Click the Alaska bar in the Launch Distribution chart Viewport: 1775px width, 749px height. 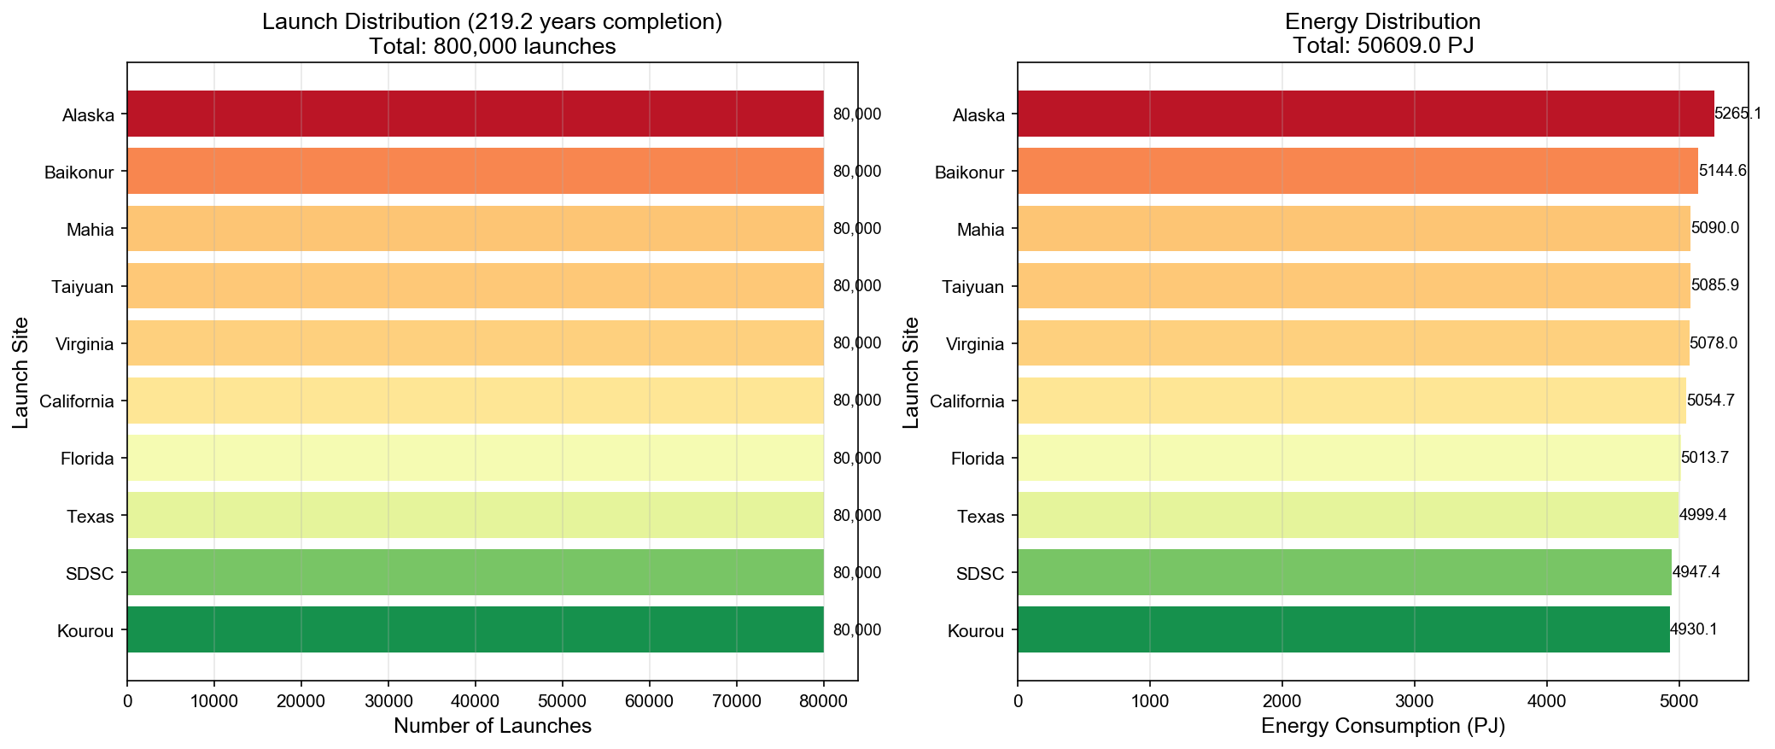click(x=475, y=114)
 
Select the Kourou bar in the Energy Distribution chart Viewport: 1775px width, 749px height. click(x=1343, y=629)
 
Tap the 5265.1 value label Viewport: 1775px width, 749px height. click(x=1737, y=114)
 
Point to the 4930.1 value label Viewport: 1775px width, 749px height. click(x=1693, y=629)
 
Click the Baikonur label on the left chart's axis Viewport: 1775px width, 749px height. click(x=79, y=173)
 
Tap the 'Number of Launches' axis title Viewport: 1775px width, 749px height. click(x=493, y=726)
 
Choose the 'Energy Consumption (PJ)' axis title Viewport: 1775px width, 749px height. click(x=1382, y=726)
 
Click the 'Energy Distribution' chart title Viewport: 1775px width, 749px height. click(x=1382, y=21)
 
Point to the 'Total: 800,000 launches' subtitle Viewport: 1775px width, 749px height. click(x=493, y=46)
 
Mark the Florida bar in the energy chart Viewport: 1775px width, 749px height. click(x=1349, y=458)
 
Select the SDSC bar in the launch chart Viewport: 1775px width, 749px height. click(x=475, y=572)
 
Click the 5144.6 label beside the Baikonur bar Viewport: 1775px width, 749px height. click(x=1722, y=171)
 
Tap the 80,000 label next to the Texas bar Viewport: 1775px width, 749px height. click(x=856, y=515)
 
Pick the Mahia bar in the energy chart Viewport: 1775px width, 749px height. click(x=1353, y=228)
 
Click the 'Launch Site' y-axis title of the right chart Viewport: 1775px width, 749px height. click(x=911, y=372)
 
